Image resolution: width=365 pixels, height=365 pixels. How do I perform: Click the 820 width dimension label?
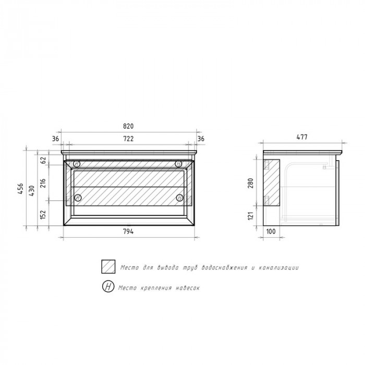click(x=128, y=126)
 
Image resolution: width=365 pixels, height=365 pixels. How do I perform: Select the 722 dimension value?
click(x=128, y=139)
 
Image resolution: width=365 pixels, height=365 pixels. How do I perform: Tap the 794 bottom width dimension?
click(x=128, y=232)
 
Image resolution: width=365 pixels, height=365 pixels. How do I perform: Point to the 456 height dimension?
click(x=20, y=189)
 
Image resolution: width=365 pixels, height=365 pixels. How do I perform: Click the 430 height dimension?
click(x=32, y=190)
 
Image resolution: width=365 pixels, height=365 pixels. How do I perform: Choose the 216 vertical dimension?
click(x=43, y=183)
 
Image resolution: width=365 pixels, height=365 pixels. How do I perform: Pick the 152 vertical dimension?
click(x=43, y=214)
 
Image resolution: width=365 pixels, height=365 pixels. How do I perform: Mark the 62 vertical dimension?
click(x=43, y=160)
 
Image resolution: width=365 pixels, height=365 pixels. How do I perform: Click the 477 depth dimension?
click(x=302, y=137)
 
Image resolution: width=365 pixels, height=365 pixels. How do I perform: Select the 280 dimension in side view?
click(x=250, y=183)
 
